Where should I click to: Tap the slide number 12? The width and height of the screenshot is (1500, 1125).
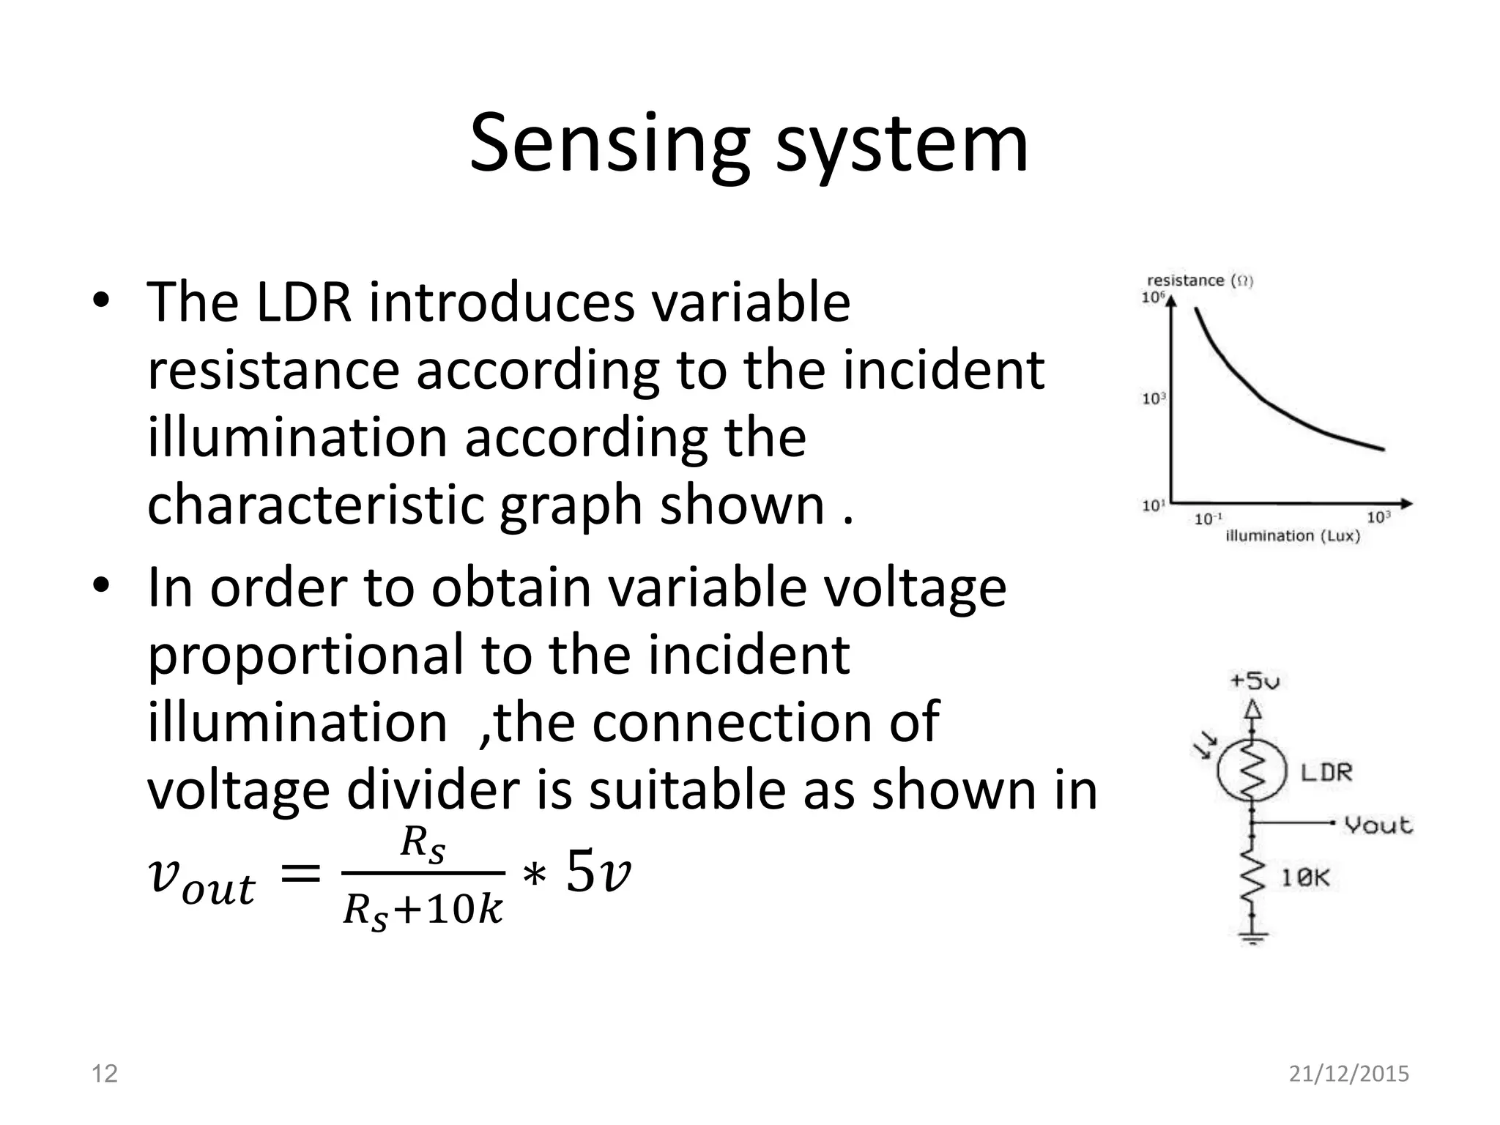104,1074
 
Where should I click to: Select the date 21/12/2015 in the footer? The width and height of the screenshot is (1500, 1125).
1348,1074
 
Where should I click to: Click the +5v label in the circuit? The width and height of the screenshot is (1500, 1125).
1255,681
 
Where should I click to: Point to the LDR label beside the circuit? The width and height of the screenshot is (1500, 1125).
1326,772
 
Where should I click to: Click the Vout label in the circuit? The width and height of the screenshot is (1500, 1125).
1378,825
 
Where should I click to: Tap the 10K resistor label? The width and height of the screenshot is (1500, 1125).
1304,877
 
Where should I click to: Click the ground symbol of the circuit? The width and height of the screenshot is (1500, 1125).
1253,937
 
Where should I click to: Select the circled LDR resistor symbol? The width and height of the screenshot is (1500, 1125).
1252,770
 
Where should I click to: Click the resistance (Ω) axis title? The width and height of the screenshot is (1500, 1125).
1200,281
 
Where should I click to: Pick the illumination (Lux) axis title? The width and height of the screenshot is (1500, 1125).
1293,536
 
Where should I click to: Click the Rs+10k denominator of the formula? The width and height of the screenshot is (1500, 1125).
423,911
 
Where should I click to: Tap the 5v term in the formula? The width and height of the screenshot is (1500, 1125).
598,873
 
